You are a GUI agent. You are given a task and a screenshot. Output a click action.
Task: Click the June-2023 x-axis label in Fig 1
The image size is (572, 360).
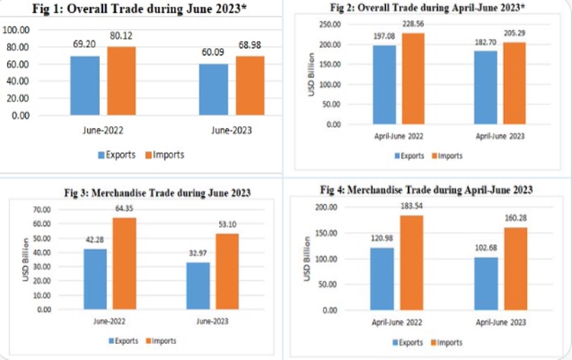tap(229, 130)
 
